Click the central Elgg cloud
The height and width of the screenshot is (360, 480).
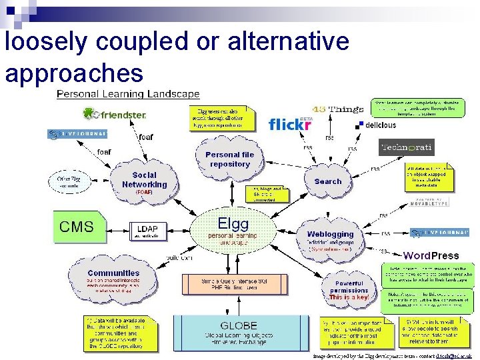(233, 230)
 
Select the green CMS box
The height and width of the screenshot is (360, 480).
(77, 226)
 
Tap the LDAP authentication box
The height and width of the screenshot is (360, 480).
(146, 231)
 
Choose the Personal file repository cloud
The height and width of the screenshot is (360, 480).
(229, 159)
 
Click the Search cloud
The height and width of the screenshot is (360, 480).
(327, 181)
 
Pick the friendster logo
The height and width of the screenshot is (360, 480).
(114, 115)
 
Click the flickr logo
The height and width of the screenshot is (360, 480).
(290, 124)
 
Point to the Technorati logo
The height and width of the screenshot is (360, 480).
(406, 147)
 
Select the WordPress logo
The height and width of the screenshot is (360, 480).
(431, 255)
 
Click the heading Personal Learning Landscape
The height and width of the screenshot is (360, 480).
(128, 93)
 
